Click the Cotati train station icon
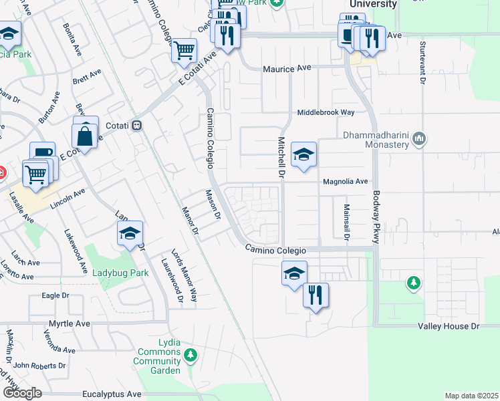tap(136, 125)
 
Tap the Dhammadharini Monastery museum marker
tap(420, 139)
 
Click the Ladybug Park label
tap(120, 273)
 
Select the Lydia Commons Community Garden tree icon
tap(191, 354)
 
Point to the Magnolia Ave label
tap(346, 181)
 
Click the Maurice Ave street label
tap(287, 68)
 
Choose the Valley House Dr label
tap(449, 326)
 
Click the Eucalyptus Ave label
tap(112, 394)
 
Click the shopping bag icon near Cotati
tap(86, 136)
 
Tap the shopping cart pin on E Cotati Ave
tap(184, 49)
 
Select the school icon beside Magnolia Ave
tap(303, 155)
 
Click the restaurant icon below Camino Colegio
tap(316, 294)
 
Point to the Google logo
tap(21, 393)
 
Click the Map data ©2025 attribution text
tap(471, 396)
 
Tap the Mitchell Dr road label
tap(281, 158)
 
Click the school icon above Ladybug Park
tap(130, 233)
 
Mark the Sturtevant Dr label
tap(422, 62)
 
